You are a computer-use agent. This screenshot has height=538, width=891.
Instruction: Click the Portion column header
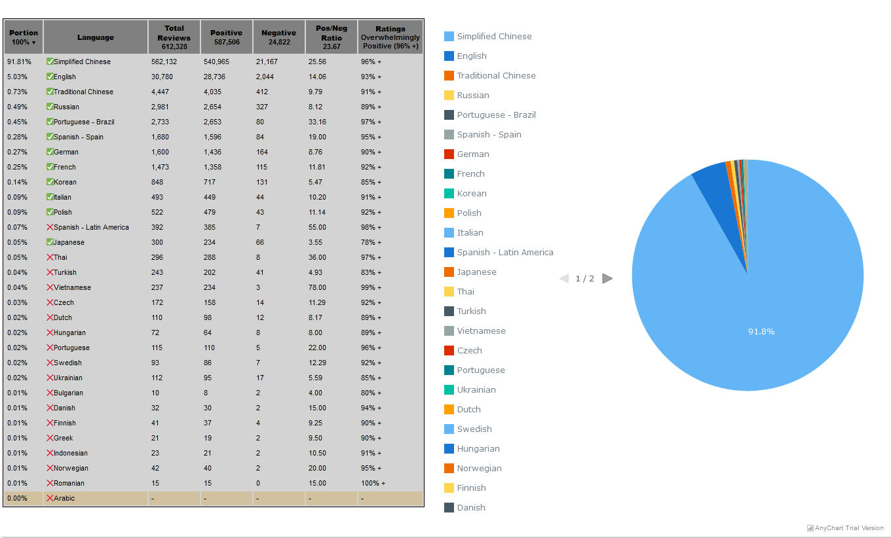tap(24, 37)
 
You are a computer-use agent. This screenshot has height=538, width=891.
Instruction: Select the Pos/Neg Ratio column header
tap(332, 37)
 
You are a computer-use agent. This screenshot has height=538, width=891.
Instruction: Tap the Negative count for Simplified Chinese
tap(267, 62)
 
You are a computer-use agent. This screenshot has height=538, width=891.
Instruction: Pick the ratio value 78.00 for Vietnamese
tap(317, 287)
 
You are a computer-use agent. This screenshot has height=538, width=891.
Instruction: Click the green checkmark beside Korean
tap(50, 181)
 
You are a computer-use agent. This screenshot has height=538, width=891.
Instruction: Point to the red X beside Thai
tap(50, 257)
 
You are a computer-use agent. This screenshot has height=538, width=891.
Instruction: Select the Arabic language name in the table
tap(64, 498)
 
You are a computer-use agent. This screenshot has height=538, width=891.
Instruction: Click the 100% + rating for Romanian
tap(373, 483)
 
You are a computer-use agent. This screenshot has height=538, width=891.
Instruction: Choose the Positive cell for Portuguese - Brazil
tap(212, 122)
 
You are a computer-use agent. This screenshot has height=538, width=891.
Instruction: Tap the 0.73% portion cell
tap(17, 92)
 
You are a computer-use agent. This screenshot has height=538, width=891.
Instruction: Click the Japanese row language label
tap(69, 242)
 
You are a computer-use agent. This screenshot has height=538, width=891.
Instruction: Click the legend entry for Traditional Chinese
tap(489, 75)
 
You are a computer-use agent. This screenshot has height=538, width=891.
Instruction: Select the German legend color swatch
tap(449, 154)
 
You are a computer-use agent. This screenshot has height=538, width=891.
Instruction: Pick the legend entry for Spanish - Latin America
tap(499, 253)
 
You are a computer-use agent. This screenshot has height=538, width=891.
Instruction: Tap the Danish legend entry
tap(464, 507)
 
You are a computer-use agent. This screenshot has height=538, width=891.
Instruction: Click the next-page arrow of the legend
tap(607, 279)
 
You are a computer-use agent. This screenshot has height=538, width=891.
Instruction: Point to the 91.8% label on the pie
tap(761, 331)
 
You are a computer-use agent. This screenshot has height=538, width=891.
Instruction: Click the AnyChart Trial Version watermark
tap(845, 528)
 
